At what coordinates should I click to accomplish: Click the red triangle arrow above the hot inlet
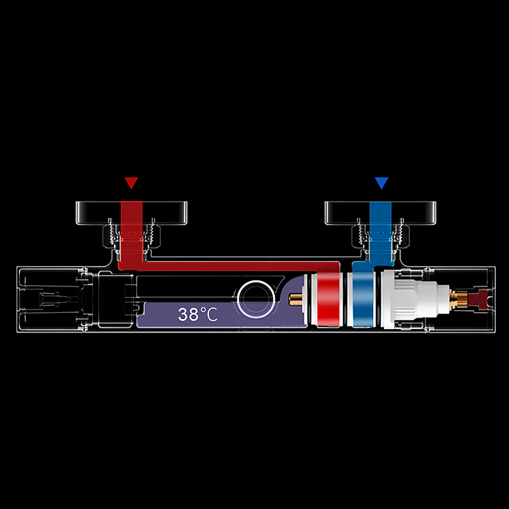point(131,182)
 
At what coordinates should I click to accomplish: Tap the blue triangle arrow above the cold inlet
point(381,182)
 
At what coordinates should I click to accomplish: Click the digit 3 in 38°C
point(183,314)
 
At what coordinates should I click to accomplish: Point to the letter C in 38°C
point(212,314)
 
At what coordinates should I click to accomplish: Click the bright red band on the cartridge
point(328,299)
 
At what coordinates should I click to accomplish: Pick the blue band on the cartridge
point(362,299)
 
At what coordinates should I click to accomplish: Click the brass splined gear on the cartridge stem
point(459,299)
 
